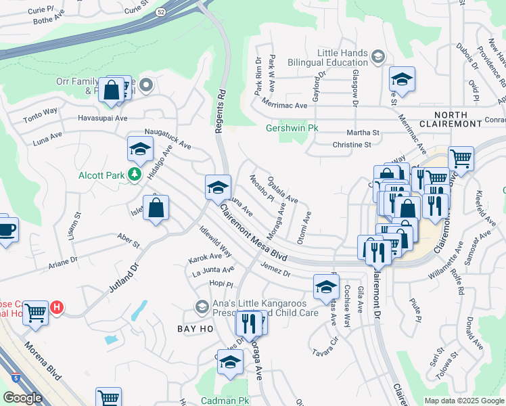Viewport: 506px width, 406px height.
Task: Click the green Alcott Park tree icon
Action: [134, 175]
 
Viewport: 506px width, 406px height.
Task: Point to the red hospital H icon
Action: [57, 308]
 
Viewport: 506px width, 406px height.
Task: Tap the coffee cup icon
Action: [6, 229]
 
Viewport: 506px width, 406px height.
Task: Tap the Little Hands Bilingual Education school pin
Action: [377, 56]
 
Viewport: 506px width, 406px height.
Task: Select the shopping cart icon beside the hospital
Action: [35, 313]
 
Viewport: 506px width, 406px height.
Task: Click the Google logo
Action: [22, 398]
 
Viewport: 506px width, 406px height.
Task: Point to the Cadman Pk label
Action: [225, 401]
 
